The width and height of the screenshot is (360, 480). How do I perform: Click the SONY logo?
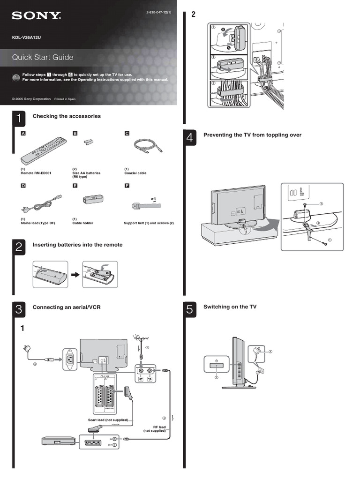click(37, 16)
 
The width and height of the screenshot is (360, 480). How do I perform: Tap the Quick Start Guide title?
click(43, 57)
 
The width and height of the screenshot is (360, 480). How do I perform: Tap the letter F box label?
click(126, 186)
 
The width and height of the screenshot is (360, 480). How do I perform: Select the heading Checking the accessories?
click(67, 116)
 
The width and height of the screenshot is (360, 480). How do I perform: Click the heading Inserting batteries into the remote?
click(77, 245)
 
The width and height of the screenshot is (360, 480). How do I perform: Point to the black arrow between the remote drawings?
click(74, 274)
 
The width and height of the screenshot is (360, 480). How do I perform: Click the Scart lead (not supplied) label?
click(108, 420)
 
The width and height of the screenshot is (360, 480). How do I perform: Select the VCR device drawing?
click(59, 441)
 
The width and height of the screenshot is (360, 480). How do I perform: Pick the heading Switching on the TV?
click(230, 307)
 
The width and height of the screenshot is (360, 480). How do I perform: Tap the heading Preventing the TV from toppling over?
click(252, 135)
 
